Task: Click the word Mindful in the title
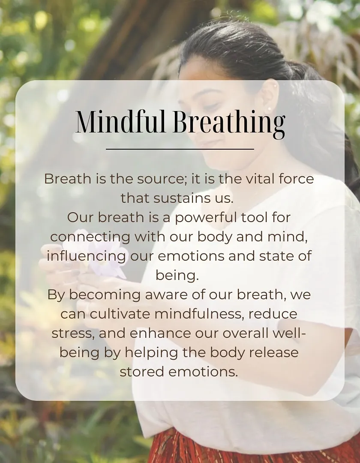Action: pos(120,121)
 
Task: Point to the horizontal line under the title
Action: pos(180,149)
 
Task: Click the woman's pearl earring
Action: pos(269,109)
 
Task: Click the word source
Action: pos(162,179)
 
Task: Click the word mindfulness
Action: pos(199,313)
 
